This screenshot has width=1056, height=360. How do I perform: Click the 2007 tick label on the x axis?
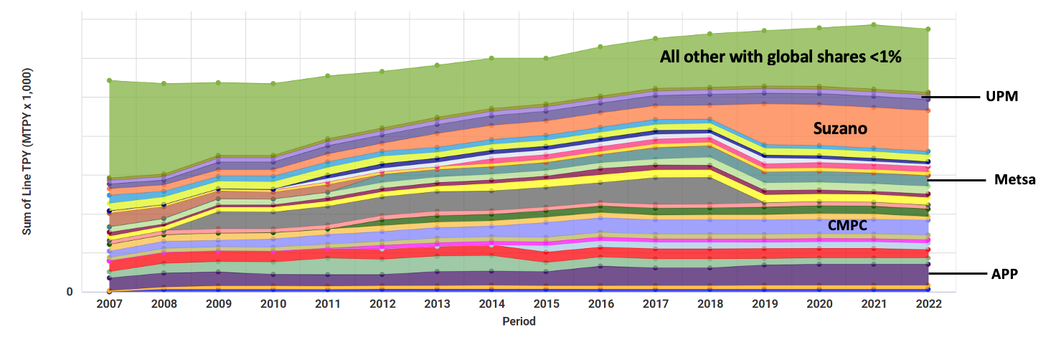(x=109, y=304)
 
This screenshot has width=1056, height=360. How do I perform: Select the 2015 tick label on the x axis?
(x=546, y=304)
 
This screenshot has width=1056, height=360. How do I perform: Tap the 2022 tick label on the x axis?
(x=928, y=304)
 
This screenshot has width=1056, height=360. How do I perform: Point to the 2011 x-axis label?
(x=328, y=304)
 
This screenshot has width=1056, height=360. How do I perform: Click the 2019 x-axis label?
(x=765, y=304)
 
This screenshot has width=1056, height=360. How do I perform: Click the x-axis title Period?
(x=518, y=321)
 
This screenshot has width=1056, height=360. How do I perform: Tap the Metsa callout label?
(x=1014, y=179)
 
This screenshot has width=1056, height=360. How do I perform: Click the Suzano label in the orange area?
(x=840, y=129)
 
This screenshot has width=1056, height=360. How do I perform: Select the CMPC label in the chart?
(x=847, y=225)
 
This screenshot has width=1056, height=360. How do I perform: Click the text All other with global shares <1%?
(x=781, y=57)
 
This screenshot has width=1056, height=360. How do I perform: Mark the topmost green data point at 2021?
(x=874, y=24)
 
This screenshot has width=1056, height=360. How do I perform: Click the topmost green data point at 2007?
(x=109, y=80)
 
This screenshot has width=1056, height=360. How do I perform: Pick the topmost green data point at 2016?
(x=600, y=47)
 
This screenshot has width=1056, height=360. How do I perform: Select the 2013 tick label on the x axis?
(x=437, y=304)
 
